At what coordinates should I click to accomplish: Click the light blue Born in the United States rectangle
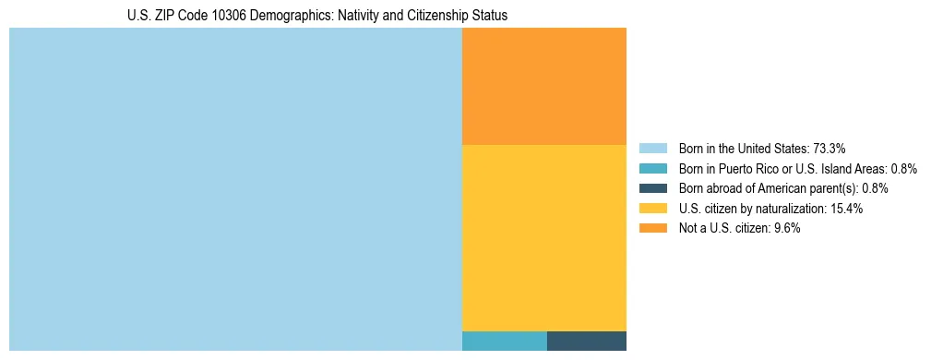pyautogui.click(x=235, y=189)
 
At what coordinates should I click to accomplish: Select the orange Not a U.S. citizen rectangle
pyautogui.click(x=543, y=86)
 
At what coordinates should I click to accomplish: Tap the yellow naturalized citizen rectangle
pyautogui.click(x=543, y=237)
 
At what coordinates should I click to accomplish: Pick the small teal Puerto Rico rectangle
pyautogui.click(x=504, y=341)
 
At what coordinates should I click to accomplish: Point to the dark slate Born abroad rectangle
pyautogui.click(x=587, y=341)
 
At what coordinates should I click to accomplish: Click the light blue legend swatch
pyautogui.click(x=652, y=148)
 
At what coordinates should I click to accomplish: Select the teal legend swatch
pyautogui.click(x=652, y=168)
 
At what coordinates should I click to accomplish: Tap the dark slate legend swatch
pyautogui.click(x=652, y=188)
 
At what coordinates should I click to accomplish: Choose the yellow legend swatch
pyautogui.click(x=652, y=209)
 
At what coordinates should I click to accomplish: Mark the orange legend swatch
pyautogui.click(x=652, y=229)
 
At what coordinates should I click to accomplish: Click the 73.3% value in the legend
pyautogui.click(x=830, y=148)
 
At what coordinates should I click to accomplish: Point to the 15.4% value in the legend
pyautogui.click(x=845, y=209)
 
